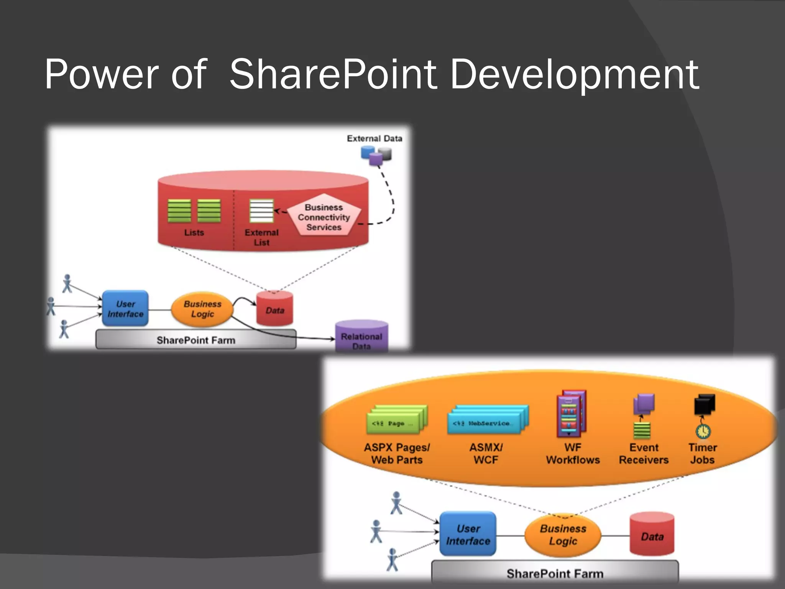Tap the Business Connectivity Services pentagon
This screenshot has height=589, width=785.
click(x=324, y=216)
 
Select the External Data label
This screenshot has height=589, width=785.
click(x=374, y=138)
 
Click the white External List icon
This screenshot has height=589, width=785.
click(x=261, y=211)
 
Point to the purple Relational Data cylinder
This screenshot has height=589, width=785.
click(x=361, y=336)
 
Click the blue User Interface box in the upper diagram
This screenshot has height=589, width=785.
click(x=125, y=309)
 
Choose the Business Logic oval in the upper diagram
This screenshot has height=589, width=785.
click(x=202, y=309)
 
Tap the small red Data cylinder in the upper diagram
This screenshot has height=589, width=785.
click(x=275, y=309)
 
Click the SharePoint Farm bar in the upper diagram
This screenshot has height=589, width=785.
click(x=196, y=340)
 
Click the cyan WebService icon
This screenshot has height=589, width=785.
click(x=487, y=420)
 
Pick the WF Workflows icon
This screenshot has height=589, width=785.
click(x=571, y=414)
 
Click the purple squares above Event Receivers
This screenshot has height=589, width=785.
click(x=644, y=404)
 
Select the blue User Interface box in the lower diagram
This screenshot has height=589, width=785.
click(x=468, y=534)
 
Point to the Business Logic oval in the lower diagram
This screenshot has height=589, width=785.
click(x=563, y=535)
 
